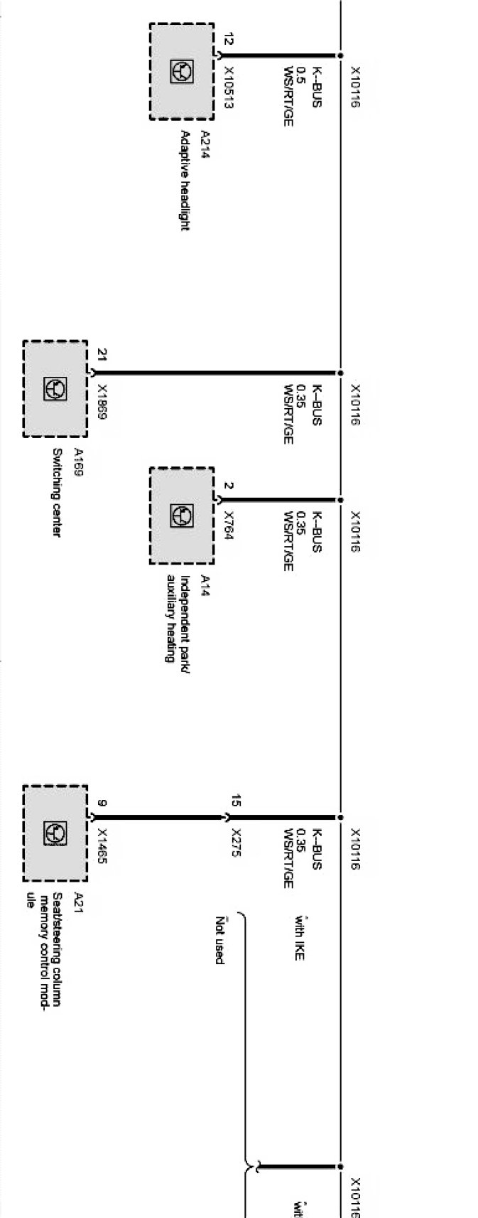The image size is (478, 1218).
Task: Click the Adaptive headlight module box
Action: click(181, 71)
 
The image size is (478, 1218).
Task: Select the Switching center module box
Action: click(55, 388)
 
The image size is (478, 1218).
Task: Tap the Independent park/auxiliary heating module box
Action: click(181, 515)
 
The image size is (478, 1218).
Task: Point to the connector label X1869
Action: click(102, 402)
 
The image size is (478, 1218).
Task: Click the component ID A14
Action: click(205, 585)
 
